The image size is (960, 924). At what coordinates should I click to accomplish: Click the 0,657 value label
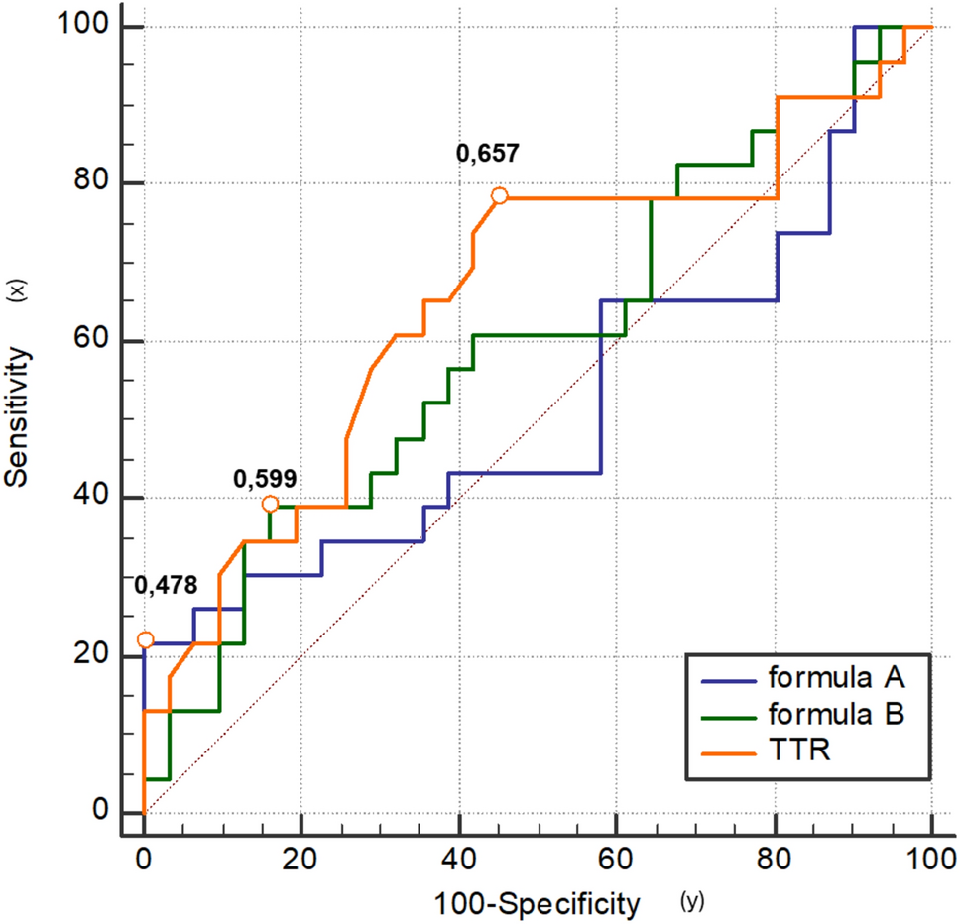[x=487, y=154]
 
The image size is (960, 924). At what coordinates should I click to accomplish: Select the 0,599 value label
[x=265, y=479]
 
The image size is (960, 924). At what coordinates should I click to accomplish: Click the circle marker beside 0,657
[x=500, y=196]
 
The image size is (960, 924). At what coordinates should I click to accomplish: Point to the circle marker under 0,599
[x=270, y=504]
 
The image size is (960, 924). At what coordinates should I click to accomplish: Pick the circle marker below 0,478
[x=145, y=640]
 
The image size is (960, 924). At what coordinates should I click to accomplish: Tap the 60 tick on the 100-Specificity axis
[x=616, y=855]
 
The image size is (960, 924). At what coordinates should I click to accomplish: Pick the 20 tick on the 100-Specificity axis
[x=301, y=855]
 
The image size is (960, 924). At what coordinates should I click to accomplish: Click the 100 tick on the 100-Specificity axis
[x=931, y=855]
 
